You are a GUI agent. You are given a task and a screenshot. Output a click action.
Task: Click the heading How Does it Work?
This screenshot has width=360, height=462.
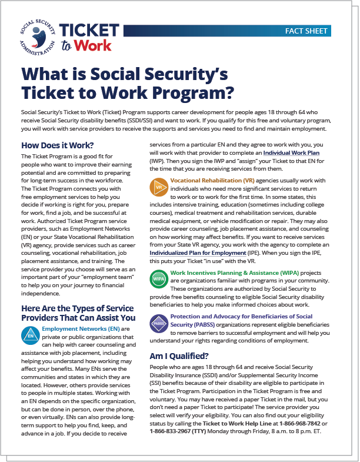point(58,145)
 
